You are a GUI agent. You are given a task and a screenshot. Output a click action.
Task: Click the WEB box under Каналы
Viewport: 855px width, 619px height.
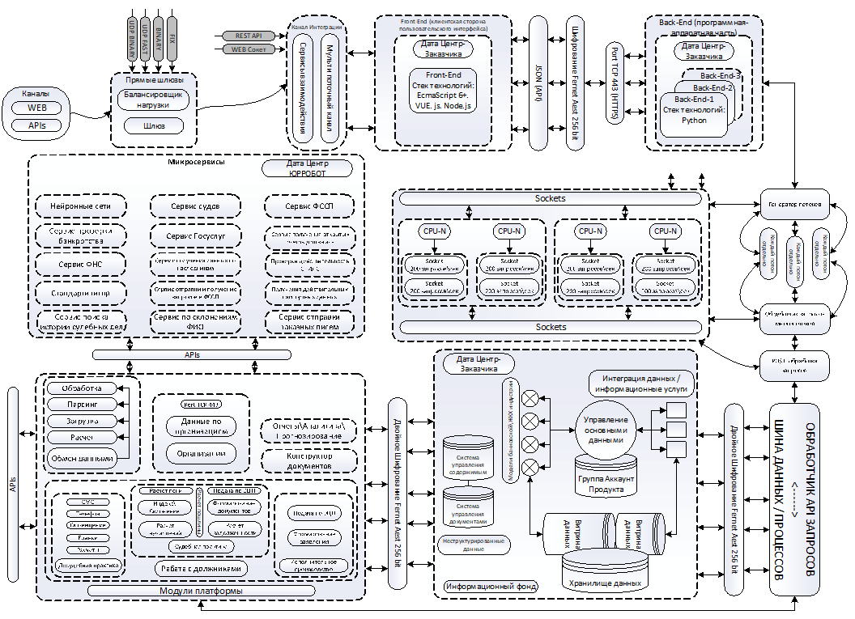[x=37, y=108]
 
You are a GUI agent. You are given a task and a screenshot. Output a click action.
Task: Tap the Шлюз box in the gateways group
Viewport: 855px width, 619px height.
[x=153, y=125]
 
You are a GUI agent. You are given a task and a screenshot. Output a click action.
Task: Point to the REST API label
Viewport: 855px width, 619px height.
[x=247, y=36]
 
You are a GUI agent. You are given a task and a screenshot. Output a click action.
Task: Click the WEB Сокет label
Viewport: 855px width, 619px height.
[x=247, y=49]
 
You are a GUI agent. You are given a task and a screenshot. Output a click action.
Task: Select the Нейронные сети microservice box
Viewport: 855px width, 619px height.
[x=80, y=206]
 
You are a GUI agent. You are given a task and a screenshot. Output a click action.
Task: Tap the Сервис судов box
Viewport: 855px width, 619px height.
[x=194, y=206]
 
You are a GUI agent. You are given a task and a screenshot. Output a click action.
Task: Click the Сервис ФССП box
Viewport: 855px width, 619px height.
[x=308, y=206]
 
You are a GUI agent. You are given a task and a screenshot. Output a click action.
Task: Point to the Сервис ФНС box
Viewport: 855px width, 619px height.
[x=80, y=265]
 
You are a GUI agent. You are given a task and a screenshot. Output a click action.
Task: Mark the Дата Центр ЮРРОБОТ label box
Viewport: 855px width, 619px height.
[x=307, y=167]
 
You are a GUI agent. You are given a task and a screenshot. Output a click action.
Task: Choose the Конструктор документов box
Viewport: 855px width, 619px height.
[x=308, y=462]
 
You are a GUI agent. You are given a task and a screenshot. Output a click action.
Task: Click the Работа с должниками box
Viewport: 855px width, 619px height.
[x=202, y=568]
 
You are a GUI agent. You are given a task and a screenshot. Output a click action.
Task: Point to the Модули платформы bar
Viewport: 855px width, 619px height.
[x=202, y=591]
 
